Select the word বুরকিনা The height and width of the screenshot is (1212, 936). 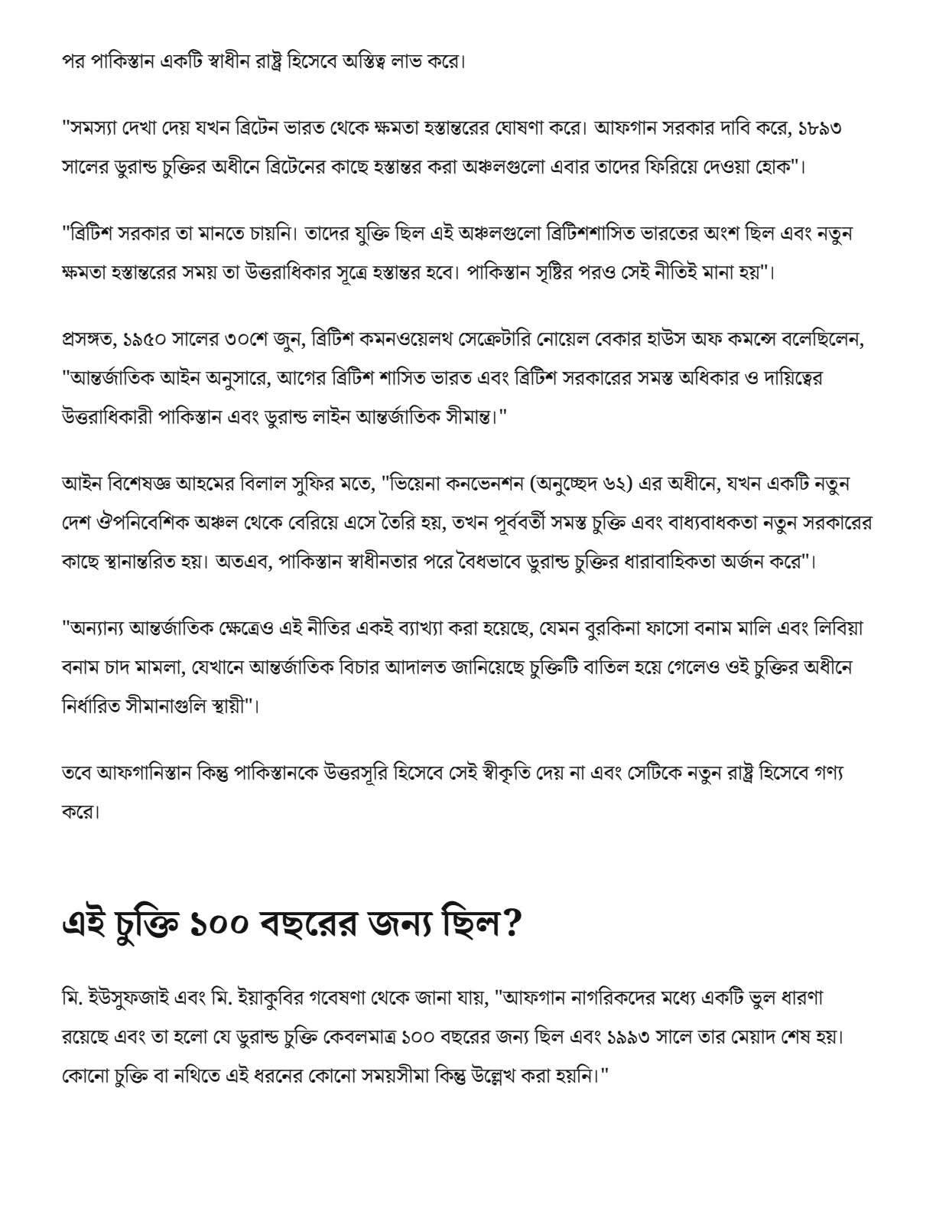[597, 629]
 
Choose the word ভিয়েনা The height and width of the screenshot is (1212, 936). [420, 485]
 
